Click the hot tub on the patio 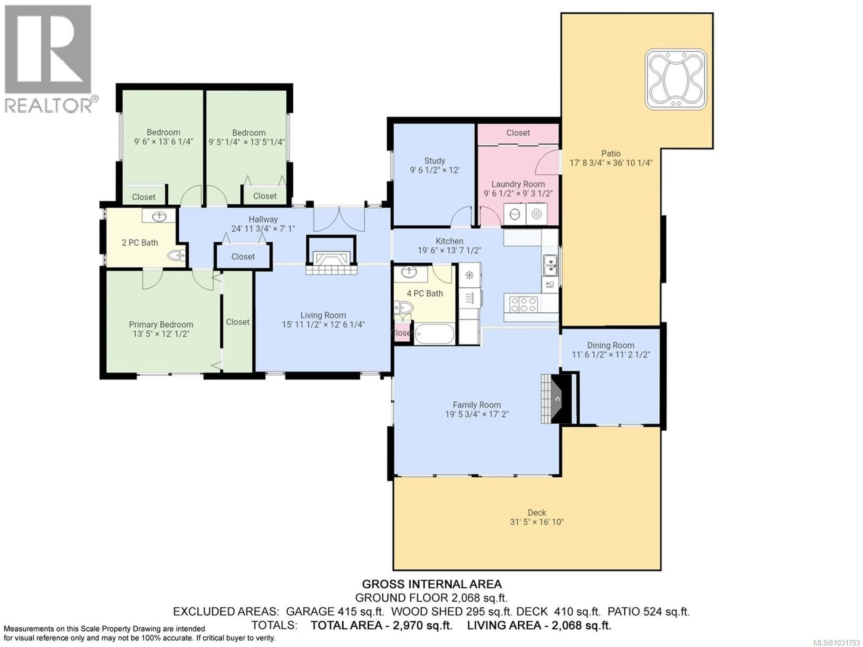[x=676, y=79]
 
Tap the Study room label [x=435, y=161]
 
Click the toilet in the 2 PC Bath [x=176, y=256]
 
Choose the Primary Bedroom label [x=161, y=325]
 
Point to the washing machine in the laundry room [x=515, y=214]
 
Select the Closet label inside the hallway [x=243, y=257]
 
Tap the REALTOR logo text [x=49, y=105]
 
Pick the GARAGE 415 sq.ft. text [x=335, y=611]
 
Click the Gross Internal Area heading [x=431, y=584]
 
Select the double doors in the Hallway [x=339, y=219]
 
